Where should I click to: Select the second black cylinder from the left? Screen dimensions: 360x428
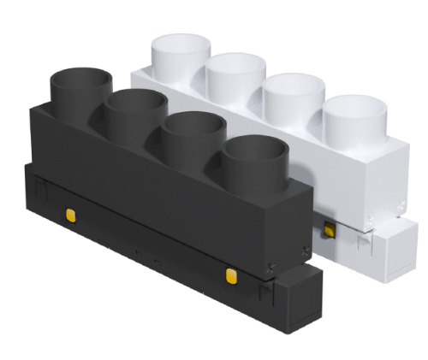pyautogui.click(x=135, y=110)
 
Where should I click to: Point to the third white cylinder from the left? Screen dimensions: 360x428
pyautogui.click(x=292, y=99)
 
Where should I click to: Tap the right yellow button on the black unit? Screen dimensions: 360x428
pyautogui.click(x=230, y=274)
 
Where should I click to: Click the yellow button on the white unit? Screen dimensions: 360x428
pyautogui.click(x=327, y=229)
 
